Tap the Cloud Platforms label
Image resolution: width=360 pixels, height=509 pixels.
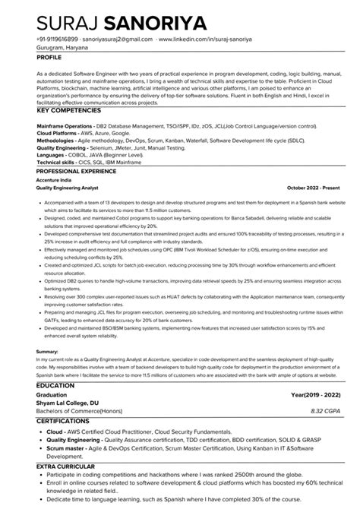54,131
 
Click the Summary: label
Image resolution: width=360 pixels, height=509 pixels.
47,351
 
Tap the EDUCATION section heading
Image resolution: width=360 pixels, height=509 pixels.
55,386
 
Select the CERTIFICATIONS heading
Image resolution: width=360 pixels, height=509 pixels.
65,420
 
